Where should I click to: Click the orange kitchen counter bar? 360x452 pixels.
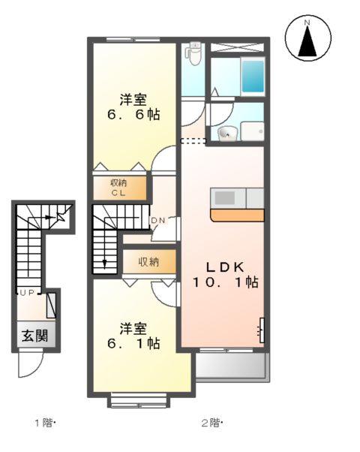238,215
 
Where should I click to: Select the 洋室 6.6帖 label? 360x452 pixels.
133,107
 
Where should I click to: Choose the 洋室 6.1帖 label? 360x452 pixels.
133,336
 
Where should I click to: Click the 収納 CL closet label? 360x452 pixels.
119,187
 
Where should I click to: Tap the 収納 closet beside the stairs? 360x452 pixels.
148,262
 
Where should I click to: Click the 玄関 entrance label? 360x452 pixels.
31,336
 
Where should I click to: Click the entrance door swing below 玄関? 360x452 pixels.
30,366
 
